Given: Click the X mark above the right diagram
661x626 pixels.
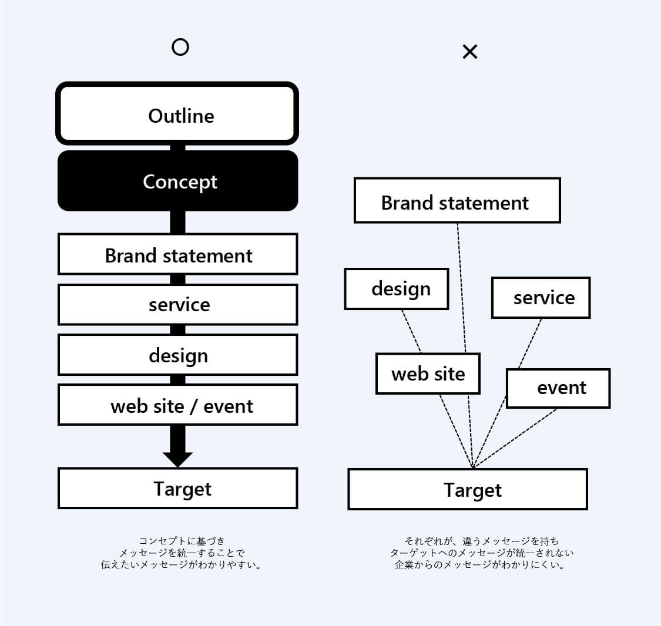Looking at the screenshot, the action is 470,52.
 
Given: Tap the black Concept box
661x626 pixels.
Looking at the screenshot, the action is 178,181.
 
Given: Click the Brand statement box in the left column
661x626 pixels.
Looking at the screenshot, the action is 178,254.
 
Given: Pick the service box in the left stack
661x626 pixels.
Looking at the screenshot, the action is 178,304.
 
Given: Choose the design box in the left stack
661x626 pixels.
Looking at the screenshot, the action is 178,355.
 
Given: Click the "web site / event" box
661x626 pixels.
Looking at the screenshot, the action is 178,405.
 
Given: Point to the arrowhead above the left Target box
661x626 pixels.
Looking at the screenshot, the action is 178,460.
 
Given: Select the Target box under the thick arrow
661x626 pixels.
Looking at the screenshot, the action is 178,488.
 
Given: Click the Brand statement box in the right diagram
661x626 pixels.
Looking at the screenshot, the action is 457,200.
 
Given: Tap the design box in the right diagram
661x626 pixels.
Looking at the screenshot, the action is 396,289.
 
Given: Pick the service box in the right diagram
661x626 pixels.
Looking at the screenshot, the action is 541,297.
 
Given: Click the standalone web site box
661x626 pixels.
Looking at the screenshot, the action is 428,373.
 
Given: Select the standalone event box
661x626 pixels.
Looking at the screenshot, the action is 558,388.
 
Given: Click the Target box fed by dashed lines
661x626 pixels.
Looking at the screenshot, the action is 468,489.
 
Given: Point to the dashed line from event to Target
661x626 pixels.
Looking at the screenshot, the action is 514,439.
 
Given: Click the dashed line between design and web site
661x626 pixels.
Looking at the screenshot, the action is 411,332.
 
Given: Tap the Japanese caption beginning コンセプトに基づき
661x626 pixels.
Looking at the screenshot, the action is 182,553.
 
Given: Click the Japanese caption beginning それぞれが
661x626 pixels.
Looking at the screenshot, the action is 481,553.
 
